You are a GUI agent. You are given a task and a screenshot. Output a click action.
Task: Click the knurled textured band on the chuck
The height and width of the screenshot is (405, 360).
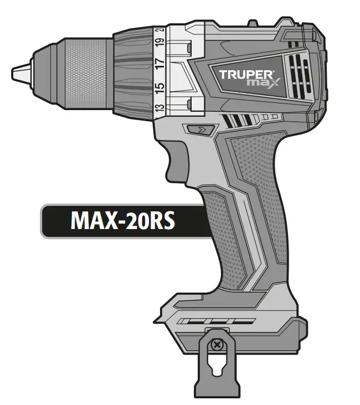coord(89,72)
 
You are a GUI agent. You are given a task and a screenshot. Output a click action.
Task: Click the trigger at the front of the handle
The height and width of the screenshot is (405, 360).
coord(176,160)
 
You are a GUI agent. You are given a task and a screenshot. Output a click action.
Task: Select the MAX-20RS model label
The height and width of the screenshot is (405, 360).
coord(122,220)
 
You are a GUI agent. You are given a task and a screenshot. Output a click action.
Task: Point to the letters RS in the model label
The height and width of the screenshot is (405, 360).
coord(163,220)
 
